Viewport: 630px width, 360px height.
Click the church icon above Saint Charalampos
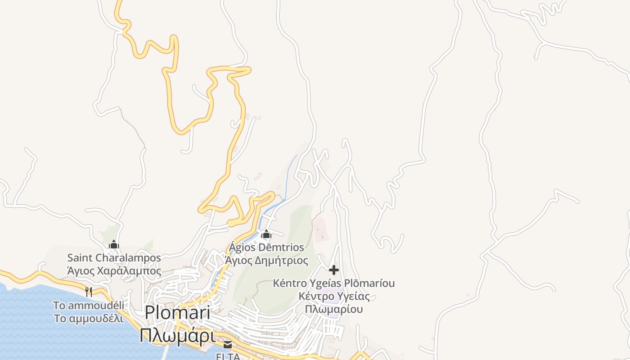[x=114, y=244]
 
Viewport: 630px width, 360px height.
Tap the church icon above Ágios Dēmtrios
[x=266, y=234]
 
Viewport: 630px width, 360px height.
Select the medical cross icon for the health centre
[x=334, y=270]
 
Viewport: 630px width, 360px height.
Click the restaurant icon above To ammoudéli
[x=89, y=292]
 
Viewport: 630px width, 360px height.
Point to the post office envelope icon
[x=228, y=345]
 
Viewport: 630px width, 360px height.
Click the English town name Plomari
[x=177, y=313]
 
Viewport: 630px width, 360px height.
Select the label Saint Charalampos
[x=114, y=258]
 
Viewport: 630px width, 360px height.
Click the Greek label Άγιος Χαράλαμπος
[x=114, y=271]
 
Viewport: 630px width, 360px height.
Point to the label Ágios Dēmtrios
[x=266, y=247]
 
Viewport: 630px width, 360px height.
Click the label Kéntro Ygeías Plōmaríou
[x=334, y=283]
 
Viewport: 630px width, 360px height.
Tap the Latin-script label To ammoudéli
[x=89, y=305]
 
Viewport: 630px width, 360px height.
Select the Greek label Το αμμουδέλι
[x=89, y=318]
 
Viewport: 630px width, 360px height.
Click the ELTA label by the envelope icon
[x=228, y=356]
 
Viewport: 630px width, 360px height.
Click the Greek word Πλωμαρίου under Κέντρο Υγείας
[x=334, y=309]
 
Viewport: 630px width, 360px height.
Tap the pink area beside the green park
[x=320, y=229]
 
